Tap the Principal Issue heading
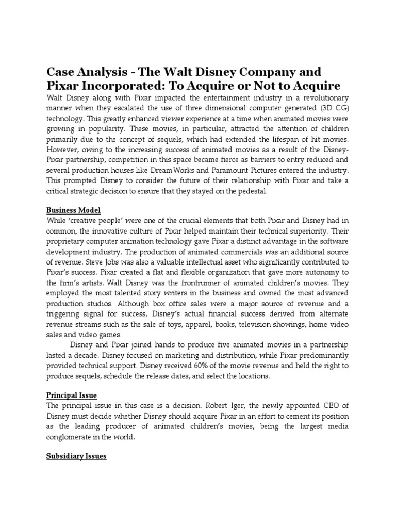[x=72, y=395]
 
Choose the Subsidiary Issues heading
[x=76, y=456]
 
